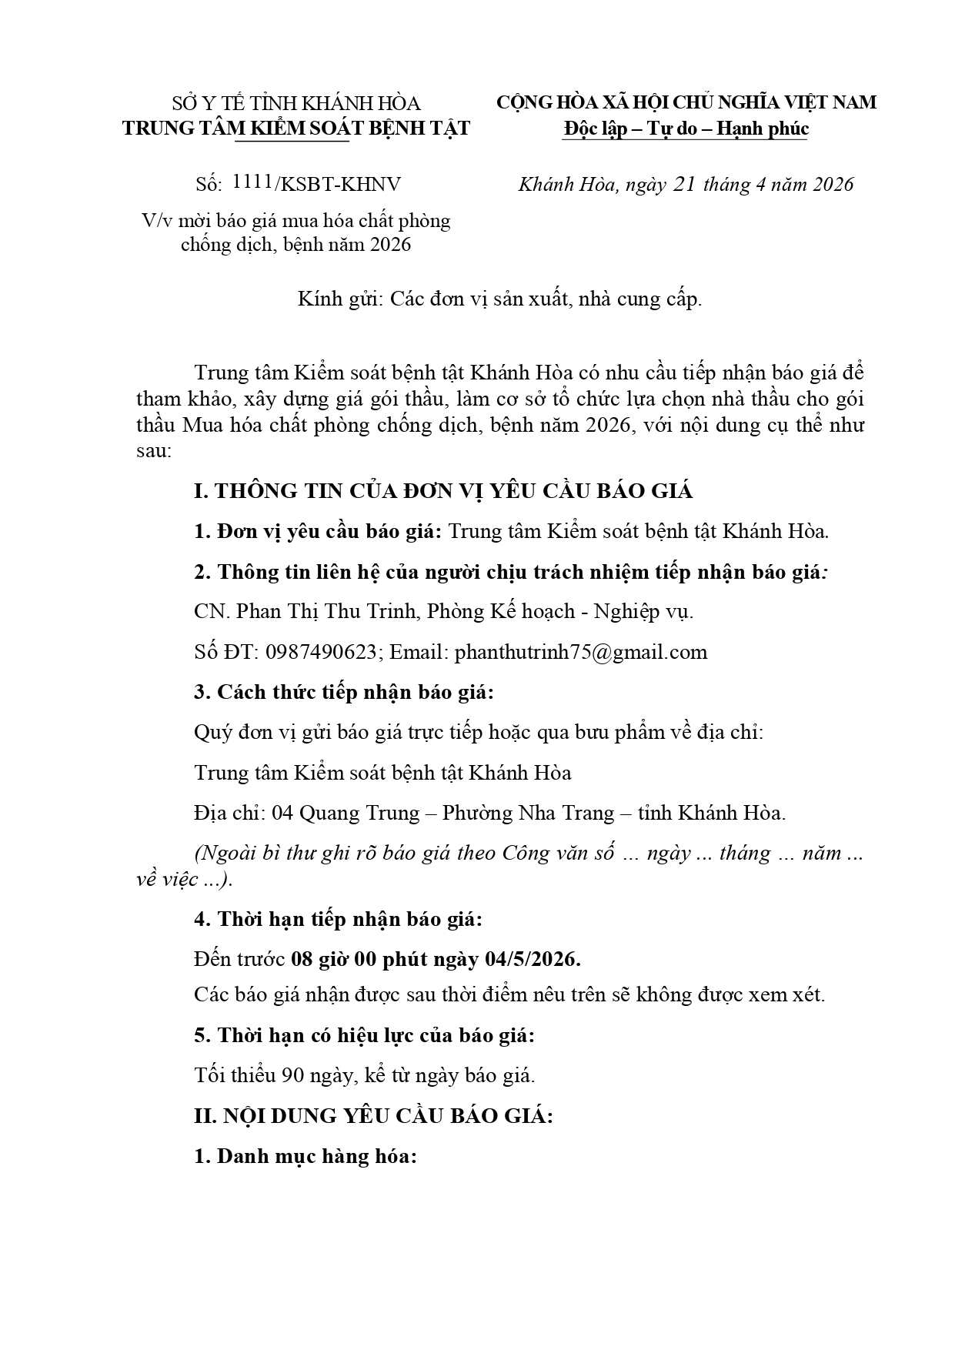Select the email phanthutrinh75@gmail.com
point(580,652)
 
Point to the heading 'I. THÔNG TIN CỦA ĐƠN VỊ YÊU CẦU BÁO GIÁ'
point(443,491)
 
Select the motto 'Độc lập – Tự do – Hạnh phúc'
point(686,129)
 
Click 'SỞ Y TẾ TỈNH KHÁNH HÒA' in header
point(296,104)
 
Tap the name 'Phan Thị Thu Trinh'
point(326,611)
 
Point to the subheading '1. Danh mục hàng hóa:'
point(305,1156)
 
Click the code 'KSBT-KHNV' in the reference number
point(341,185)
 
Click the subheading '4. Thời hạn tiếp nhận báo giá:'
point(338,919)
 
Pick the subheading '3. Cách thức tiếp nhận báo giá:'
point(343,692)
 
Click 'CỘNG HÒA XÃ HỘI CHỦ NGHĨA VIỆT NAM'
point(686,102)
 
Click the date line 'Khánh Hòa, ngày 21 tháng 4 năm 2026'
point(686,185)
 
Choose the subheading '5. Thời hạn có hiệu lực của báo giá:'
point(364,1035)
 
